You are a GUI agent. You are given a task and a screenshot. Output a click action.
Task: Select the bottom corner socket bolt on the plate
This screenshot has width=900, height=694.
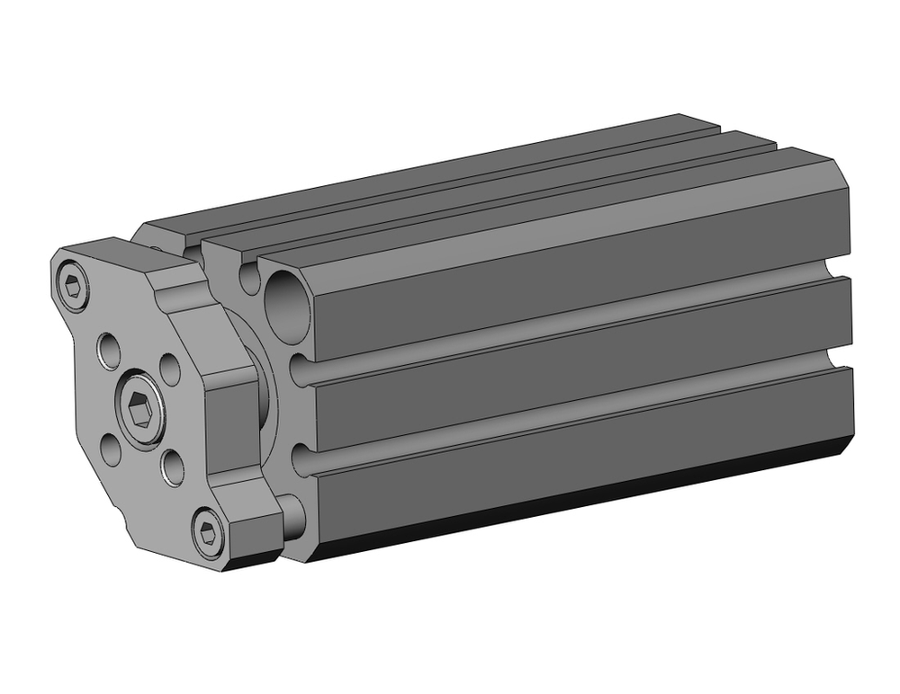208,535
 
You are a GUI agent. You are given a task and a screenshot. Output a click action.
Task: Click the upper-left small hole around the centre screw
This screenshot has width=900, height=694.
109,349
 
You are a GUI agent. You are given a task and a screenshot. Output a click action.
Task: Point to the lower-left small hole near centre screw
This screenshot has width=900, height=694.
111,448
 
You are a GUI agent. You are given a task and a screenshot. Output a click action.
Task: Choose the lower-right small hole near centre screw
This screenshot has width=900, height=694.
172,465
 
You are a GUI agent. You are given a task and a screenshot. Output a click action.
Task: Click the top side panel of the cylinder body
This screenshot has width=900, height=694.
576,270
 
